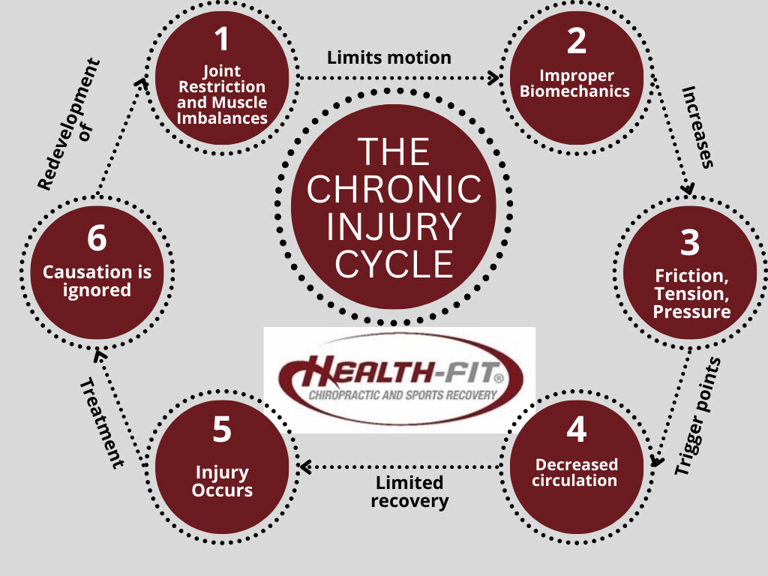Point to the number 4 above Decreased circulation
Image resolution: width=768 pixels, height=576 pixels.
(x=576, y=430)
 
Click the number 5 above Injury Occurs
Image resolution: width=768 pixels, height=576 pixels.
(x=222, y=430)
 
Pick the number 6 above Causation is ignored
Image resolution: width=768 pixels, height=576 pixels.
(x=97, y=239)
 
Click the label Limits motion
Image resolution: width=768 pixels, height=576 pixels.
(x=389, y=58)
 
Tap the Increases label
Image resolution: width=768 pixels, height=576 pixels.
(x=697, y=126)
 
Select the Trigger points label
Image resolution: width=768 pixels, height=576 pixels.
(x=697, y=416)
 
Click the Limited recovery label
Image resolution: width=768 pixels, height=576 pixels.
(x=410, y=492)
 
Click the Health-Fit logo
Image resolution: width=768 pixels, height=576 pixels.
(x=399, y=379)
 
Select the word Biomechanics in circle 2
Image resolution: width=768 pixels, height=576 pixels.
(x=575, y=92)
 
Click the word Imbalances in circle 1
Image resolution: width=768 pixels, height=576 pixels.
(x=222, y=118)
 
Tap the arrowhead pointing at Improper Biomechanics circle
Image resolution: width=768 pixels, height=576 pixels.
(x=494, y=76)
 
